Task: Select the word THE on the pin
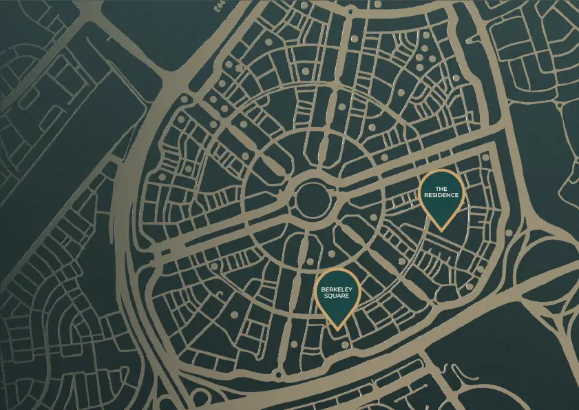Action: pos(441,188)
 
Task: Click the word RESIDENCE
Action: pos(441,195)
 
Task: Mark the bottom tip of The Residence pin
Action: pos(441,229)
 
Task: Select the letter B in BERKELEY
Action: pos(323,290)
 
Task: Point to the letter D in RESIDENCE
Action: pos(442,195)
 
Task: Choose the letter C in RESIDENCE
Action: pos(453,195)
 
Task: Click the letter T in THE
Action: pos(436,188)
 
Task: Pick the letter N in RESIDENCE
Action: pos(448,195)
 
